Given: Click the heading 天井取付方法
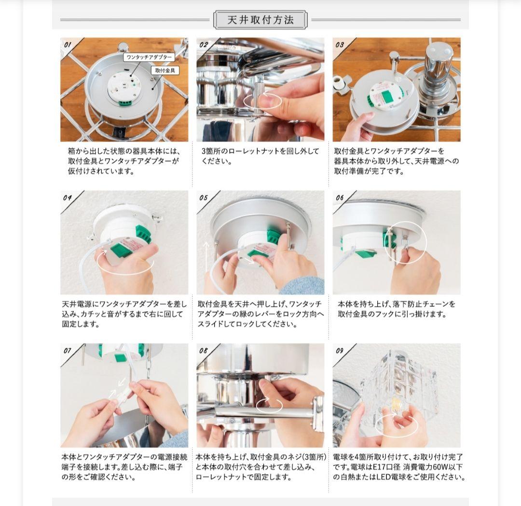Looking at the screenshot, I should (260, 20).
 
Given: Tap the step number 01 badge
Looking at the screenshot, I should (68, 45).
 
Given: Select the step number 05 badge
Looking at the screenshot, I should (203, 198).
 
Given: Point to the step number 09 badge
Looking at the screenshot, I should (339, 350).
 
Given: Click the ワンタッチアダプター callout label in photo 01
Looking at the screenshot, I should (149, 57).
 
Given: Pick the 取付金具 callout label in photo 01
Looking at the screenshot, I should (165, 70).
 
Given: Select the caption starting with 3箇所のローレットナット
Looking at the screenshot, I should (260, 156).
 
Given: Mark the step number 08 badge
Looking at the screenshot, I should (203, 350).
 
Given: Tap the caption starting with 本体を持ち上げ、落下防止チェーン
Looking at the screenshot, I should (397, 309).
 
